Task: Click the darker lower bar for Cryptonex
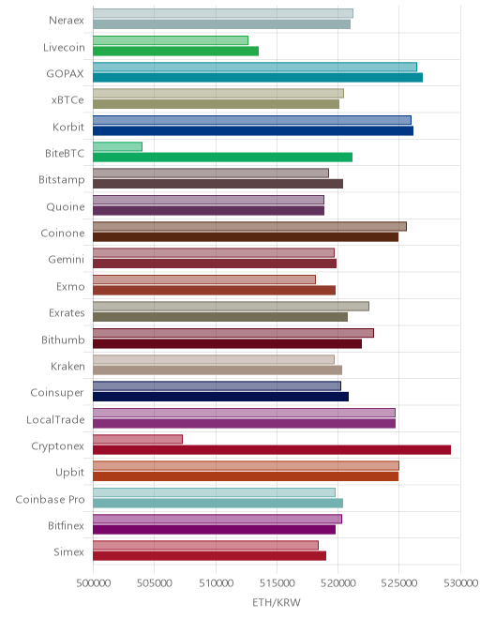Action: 272,449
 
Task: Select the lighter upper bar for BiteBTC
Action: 117,147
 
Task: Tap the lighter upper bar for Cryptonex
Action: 138,439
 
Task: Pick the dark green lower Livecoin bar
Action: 175,51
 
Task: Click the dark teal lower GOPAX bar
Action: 258,77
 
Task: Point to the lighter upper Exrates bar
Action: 231,307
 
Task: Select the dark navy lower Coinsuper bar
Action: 220,397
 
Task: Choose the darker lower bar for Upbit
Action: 246,476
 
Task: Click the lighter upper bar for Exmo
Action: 204,279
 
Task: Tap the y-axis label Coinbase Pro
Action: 50,499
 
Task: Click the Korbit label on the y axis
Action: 68,128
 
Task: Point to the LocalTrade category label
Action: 55,419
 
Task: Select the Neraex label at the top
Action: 67,20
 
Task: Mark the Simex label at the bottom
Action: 68,551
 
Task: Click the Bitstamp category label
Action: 62,180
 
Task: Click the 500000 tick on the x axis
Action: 93,583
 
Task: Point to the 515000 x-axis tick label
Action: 277,583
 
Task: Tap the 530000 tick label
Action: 460,583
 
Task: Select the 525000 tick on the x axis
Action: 399,583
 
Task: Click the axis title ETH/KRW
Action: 277,602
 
